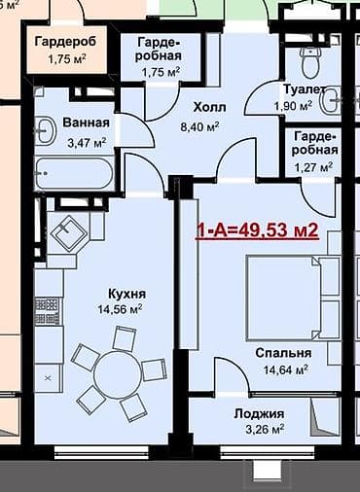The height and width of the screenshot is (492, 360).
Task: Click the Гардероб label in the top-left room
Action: pyautogui.click(x=66, y=42)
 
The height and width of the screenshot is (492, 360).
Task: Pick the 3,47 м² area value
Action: pyautogui.click(x=85, y=143)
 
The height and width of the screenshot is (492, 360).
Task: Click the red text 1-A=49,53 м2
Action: pyautogui.click(x=257, y=231)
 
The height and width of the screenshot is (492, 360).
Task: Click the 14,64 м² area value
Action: pyautogui.click(x=284, y=369)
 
